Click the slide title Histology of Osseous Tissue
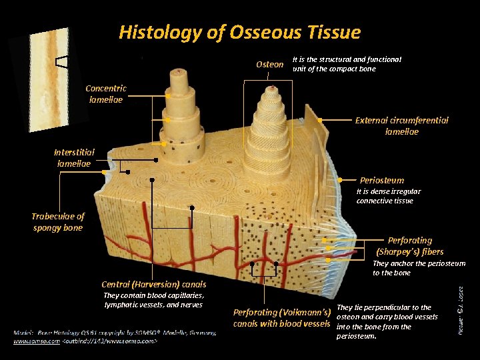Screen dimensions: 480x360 tap(239, 32)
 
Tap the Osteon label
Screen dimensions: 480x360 tap(269, 65)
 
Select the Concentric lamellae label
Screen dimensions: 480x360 tap(106, 94)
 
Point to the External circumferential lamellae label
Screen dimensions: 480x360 tap(401, 126)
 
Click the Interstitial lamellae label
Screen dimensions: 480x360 tap(75, 157)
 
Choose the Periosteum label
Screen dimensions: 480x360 tap(381, 180)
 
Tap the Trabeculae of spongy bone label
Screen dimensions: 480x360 tap(58, 222)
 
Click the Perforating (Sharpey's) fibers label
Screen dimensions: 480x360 tap(409, 245)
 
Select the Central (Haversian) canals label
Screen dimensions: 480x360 tap(154, 285)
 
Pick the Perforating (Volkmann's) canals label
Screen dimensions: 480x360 tap(282, 317)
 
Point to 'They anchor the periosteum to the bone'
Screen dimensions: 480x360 tap(419, 268)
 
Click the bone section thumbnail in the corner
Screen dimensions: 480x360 tap(51, 80)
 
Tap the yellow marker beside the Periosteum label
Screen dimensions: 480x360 tap(341, 180)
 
